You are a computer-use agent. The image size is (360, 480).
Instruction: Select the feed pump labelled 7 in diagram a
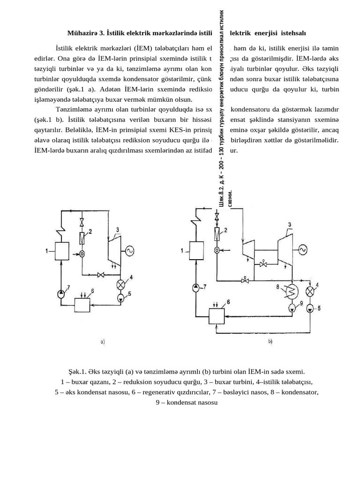(62, 294)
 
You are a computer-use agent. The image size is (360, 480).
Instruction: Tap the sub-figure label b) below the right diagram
(270, 342)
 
